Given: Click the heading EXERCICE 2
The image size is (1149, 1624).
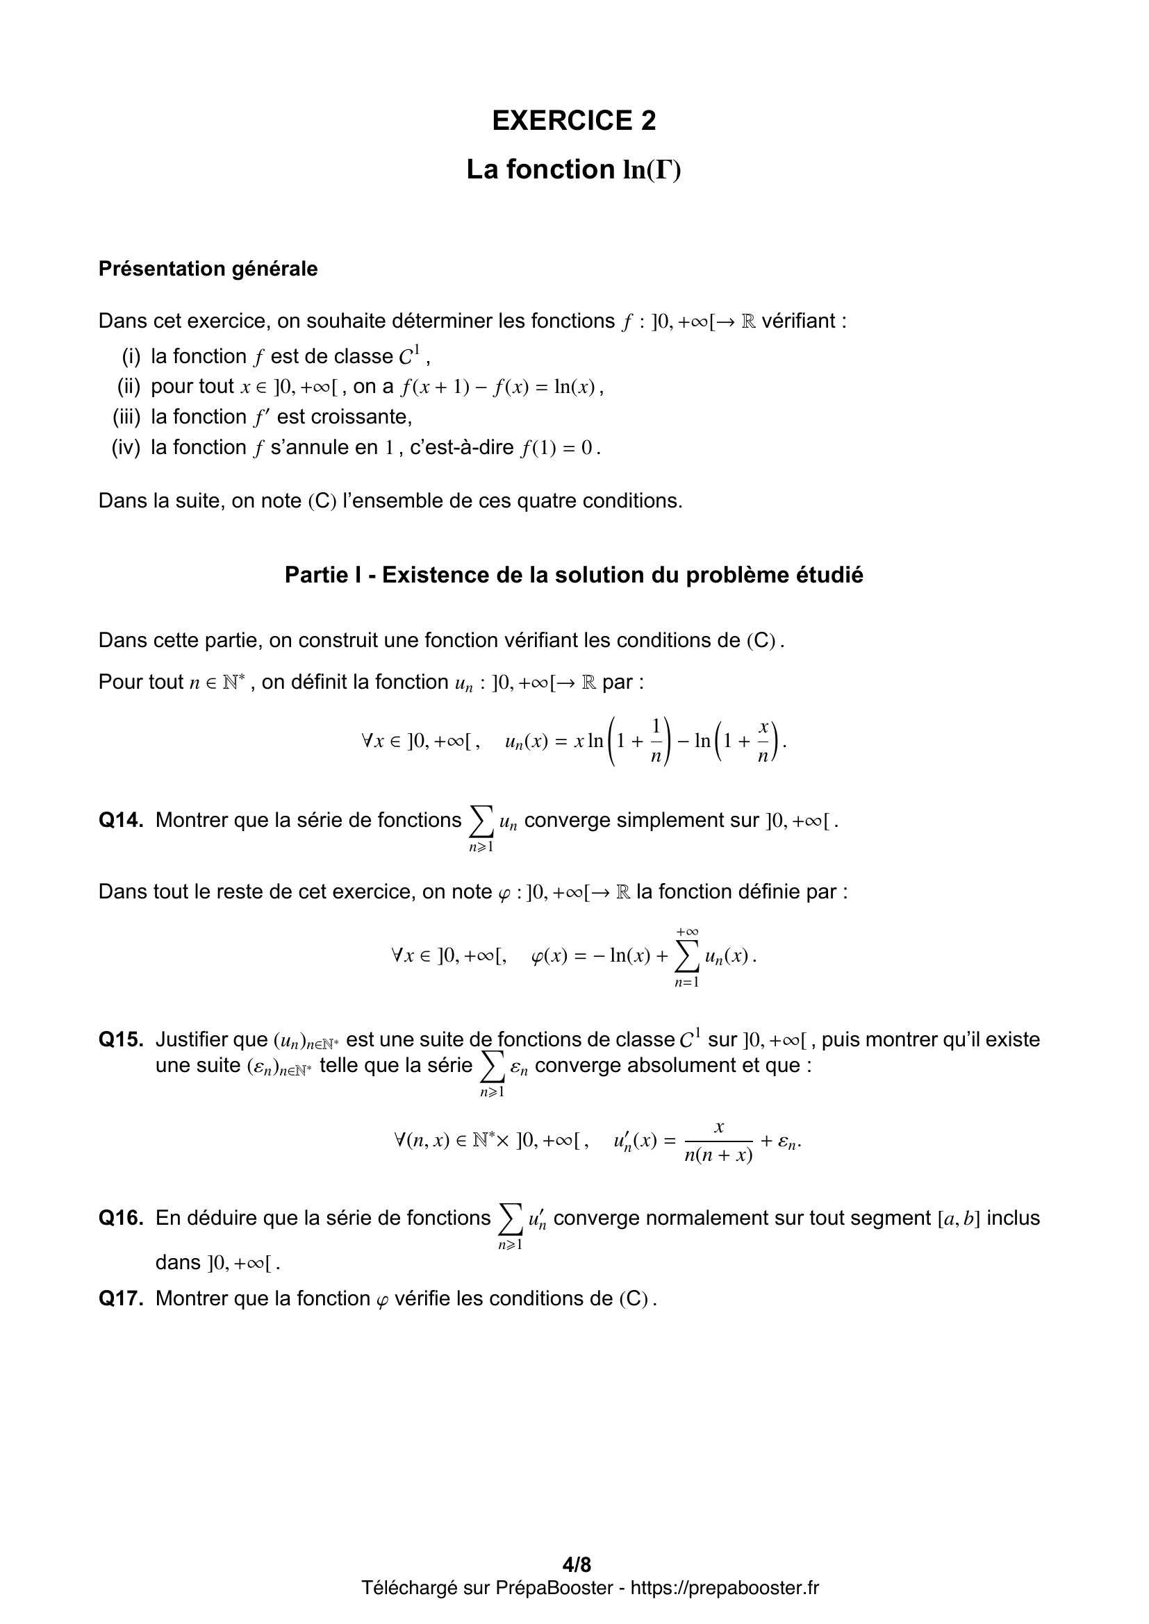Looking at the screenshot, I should (x=574, y=121).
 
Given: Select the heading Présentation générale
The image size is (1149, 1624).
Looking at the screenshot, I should (x=208, y=269).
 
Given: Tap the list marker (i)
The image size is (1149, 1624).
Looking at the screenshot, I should (x=131, y=356).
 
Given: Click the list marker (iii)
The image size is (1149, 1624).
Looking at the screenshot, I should (x=127, y=417).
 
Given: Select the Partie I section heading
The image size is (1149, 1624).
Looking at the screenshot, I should (x=574, y=575).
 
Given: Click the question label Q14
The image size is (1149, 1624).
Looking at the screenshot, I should (x=121, y=820).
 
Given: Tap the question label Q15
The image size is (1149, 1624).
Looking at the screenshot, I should (x=121, y=1039).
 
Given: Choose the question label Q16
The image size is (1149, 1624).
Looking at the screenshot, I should (x=121, y=1217).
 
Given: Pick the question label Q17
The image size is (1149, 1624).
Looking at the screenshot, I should (x=121, y=1298).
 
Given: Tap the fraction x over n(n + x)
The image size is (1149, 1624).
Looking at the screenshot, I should (x=718, y=1141).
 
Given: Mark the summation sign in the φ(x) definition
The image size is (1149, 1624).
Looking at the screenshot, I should (x=686, y=957).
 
